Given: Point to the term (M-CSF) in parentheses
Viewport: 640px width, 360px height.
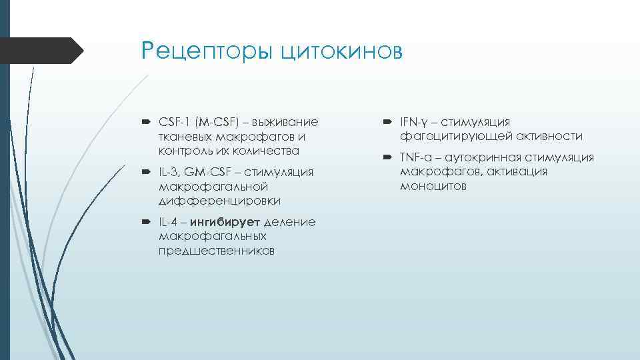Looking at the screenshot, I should click(x=215, y=122).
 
